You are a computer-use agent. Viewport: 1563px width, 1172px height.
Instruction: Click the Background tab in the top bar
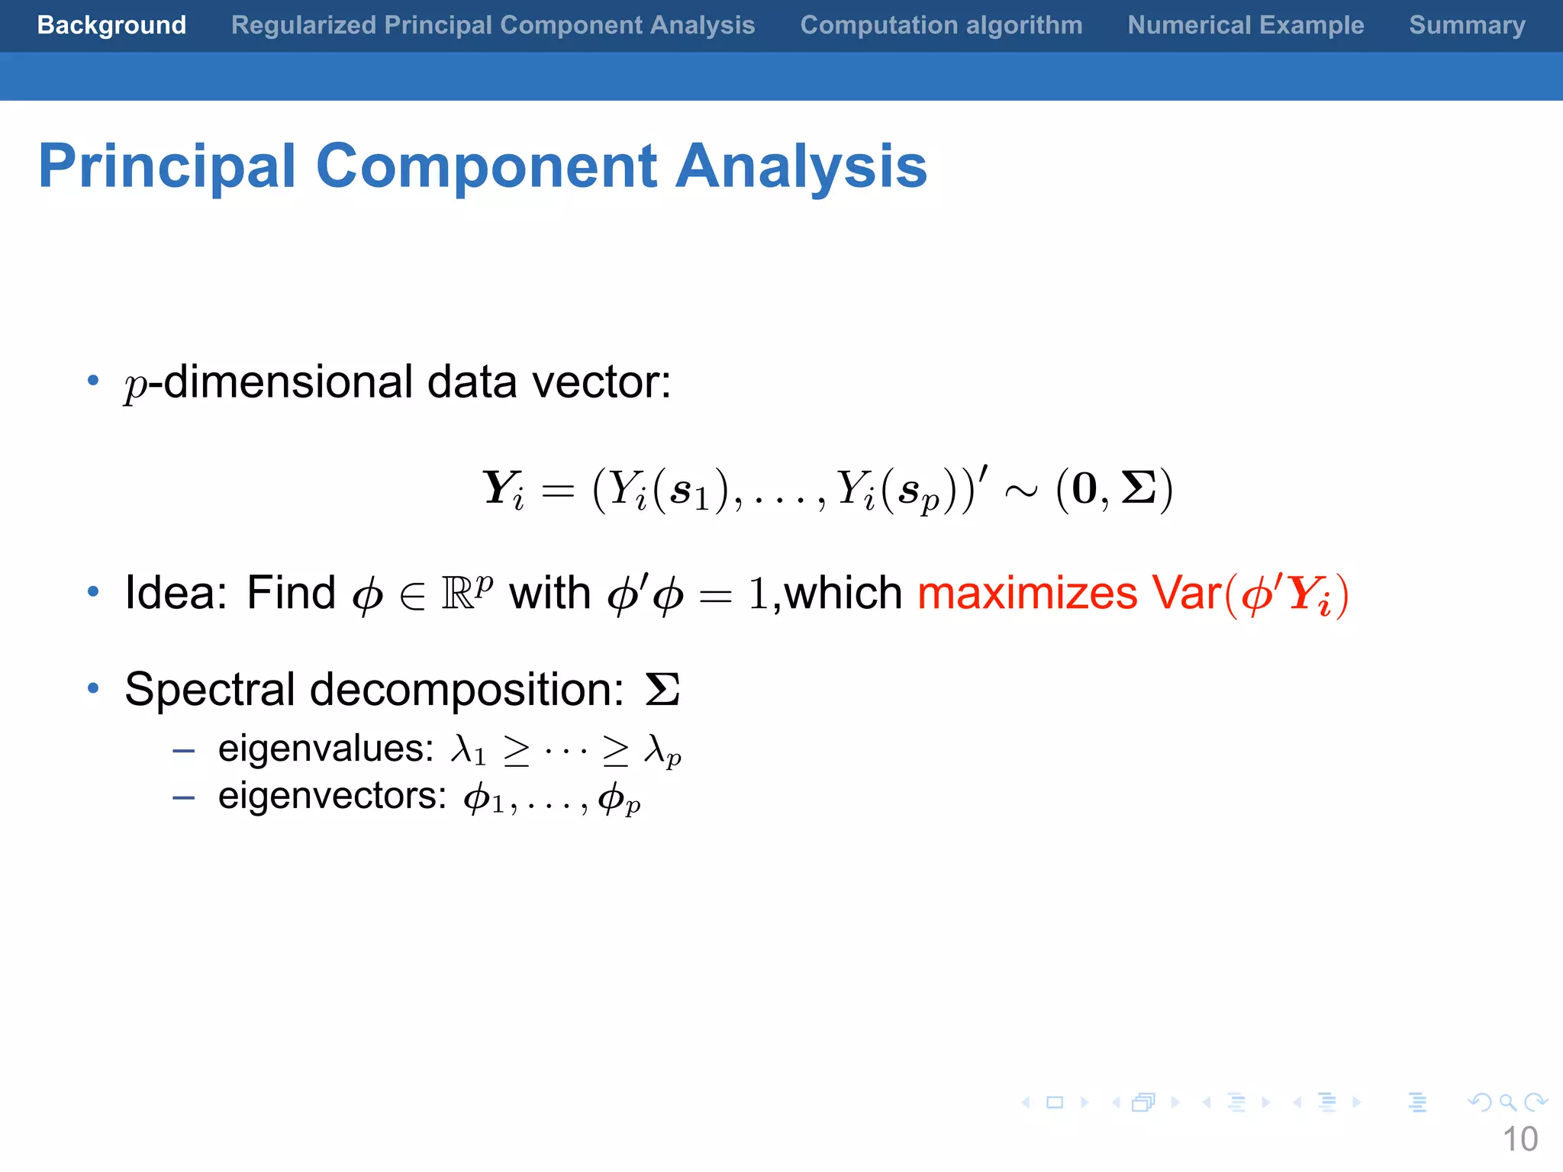pyautogui.click(x=111, y=25)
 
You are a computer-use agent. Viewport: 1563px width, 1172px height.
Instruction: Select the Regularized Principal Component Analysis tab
pyautogui.click(x=493, y=25)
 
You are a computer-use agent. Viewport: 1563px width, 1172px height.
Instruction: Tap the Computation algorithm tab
pyautogui.click(x=941, y=25)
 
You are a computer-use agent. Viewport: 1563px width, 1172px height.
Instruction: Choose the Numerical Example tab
pyautogui.click(x=1246, y=25)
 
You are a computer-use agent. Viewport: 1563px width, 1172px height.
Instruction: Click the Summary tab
pyautogui.click(x=1467, y=25)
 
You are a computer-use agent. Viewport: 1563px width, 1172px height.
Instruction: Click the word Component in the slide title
pyautogui.click(x=486, y=166)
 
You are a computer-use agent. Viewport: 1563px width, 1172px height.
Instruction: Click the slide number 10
pyautogui.click(x=1519, y=1139)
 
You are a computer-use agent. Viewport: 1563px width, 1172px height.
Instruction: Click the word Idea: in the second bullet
pyautogui.click(x=176, y=593)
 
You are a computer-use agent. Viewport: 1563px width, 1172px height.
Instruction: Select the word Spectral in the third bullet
pyautogui.click(x=211, y=690)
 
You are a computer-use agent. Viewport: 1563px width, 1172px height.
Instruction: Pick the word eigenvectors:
pyautogui.click(x=332, y=796)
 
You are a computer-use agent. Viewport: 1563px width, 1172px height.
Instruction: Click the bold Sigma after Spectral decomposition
pyautogui.click(x=662, y=689)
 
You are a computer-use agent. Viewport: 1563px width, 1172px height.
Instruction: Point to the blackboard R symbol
pyautogui.click(x=459, y=594)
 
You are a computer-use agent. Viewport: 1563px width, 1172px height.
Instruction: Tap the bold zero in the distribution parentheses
pyautogui.click(x=1084, y=489)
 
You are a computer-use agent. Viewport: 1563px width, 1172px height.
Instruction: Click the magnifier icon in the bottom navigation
pyautogui.click(x=1507, y=1102)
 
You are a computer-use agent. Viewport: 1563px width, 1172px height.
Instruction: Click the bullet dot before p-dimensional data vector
pyautogui.click(x=93, y=380)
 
